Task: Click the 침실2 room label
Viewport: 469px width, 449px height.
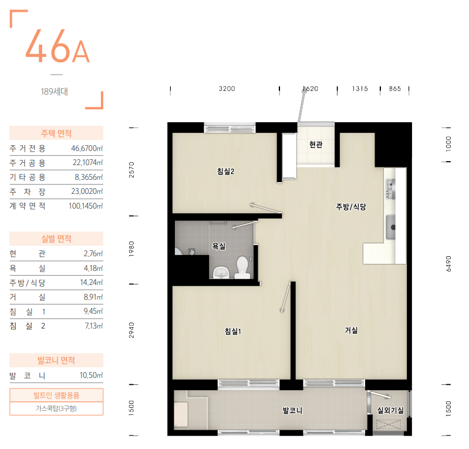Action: [225, 172]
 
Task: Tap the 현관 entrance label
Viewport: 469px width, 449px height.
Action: [316, 145]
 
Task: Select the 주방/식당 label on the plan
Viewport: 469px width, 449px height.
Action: [351, 207]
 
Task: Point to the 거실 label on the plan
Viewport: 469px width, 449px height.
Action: [351, 330]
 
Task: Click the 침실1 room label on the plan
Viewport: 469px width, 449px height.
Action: [232, 331]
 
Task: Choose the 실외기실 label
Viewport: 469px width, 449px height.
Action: [390, 410]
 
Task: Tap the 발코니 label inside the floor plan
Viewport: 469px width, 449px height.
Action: [292, 410]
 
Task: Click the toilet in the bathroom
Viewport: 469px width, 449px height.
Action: [242, 267]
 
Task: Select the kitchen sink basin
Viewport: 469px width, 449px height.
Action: [390, 227]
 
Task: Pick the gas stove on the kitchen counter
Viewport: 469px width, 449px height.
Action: [390, 189]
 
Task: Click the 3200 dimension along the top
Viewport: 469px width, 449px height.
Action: [227, 89]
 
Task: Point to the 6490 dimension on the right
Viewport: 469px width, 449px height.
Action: [448, 264]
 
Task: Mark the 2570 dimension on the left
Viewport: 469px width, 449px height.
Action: [131, 170]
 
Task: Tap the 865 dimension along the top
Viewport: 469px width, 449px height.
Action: [395, 89]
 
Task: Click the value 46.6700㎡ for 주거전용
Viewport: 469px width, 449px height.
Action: [87, 148]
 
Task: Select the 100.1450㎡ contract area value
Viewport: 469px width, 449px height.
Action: [86, 206]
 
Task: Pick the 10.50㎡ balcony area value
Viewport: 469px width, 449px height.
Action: [91, 376]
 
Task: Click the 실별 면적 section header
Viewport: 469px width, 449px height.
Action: [56, 239]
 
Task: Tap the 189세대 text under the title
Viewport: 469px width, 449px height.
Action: [54, 91]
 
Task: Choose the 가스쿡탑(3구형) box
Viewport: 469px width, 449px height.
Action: [56, 408]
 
